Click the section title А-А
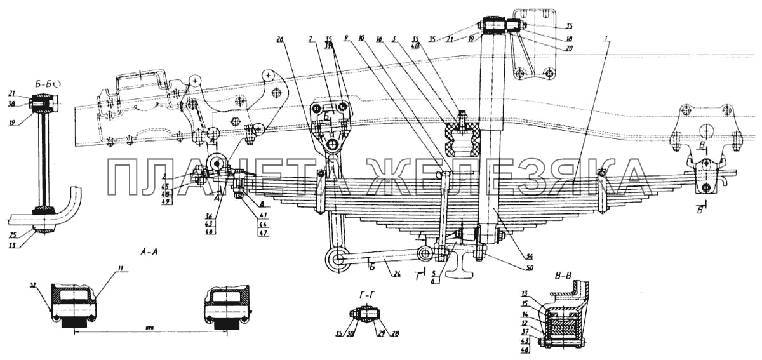pos(150,252)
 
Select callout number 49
pos(167,201)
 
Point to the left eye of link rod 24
pos(336,258)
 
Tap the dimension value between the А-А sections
pos(150,328)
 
